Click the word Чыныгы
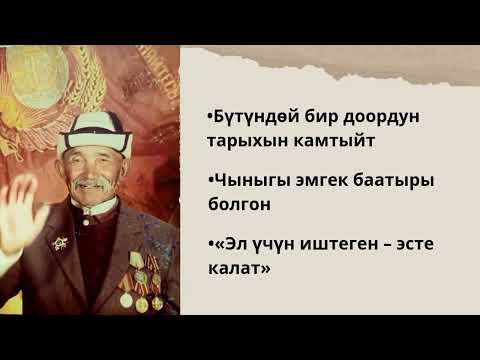246,181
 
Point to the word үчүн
269,245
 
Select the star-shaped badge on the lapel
61,243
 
